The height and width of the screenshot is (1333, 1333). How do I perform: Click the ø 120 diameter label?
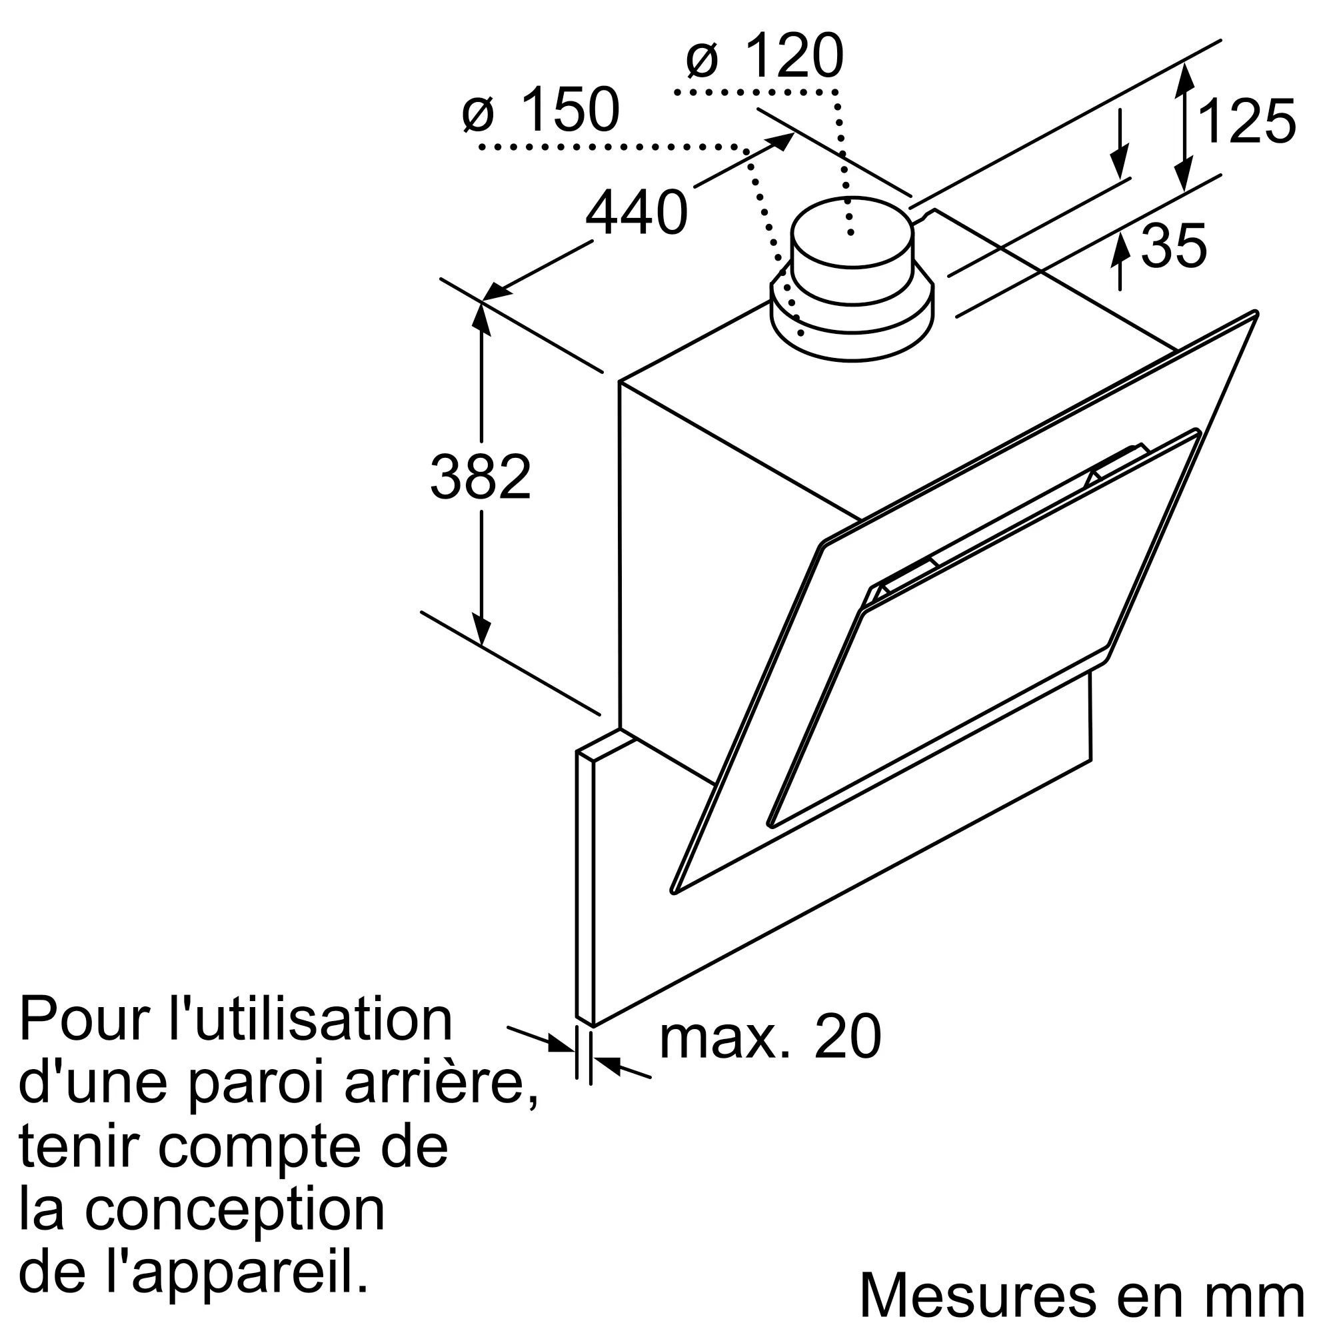764,57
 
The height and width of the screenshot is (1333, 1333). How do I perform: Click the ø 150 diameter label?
541,111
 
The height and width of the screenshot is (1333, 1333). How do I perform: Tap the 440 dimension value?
636,213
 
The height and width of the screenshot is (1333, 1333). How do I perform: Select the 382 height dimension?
480,477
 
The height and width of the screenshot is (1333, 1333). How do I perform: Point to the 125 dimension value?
1247,122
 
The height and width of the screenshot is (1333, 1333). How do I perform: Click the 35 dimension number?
1174,247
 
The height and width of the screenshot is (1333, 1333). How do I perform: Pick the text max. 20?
770,1056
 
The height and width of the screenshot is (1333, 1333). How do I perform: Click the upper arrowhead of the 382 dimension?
482,318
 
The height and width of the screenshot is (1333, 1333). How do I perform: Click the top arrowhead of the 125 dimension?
1184,76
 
